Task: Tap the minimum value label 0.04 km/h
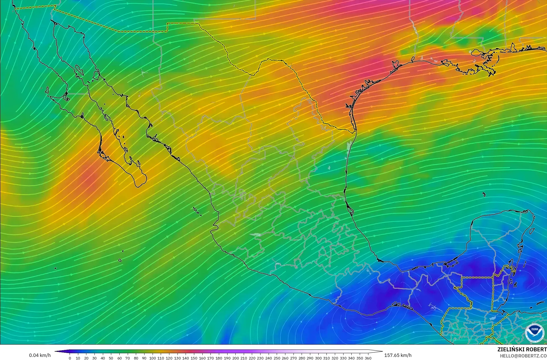40,355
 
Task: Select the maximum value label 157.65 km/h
398,355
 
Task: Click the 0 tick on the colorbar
70,358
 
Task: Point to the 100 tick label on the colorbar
152,358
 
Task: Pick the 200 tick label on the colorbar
235,358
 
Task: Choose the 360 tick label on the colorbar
368,358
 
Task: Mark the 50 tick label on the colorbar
111,358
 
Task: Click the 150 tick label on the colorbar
194,358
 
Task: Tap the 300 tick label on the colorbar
318,358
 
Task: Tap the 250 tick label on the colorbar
277,358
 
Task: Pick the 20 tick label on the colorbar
86,358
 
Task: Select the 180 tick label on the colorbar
219,358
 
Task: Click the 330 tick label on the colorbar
343,358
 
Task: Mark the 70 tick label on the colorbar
127,358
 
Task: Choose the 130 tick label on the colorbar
177,358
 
